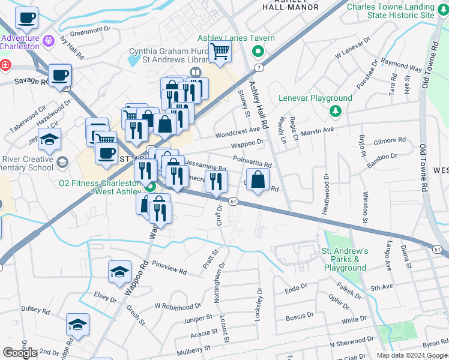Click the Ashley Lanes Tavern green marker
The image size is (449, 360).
259,51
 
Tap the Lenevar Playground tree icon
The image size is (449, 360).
335,110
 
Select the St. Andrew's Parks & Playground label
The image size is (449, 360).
345,259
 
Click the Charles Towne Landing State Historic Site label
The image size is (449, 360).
390,10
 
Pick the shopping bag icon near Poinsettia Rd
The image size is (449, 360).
258,179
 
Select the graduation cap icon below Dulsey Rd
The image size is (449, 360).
77,325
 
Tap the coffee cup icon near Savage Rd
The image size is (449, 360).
59,75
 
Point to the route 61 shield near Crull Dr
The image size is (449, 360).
234,202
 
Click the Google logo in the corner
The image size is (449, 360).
20,353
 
